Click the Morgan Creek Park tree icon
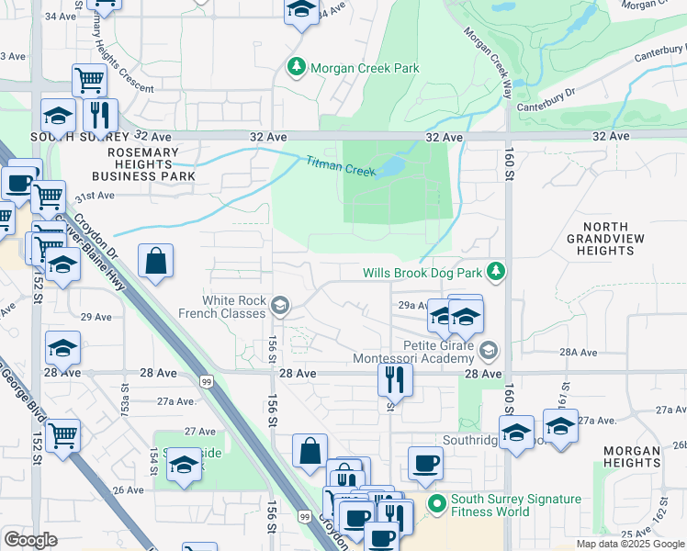click(297, 67)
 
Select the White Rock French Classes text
click(234, 307)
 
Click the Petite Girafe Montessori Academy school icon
click(489, 349)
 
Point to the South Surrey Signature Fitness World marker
click(437, 504)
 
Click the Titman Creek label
click(340, 166)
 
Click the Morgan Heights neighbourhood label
click(631, 457)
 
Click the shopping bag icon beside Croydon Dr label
click(156, 260)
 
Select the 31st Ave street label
click(95, 196)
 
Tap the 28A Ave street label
click(579, 352)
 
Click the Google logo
click(30, 540)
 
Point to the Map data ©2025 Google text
click(629, 544)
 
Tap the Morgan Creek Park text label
click(365, 68)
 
